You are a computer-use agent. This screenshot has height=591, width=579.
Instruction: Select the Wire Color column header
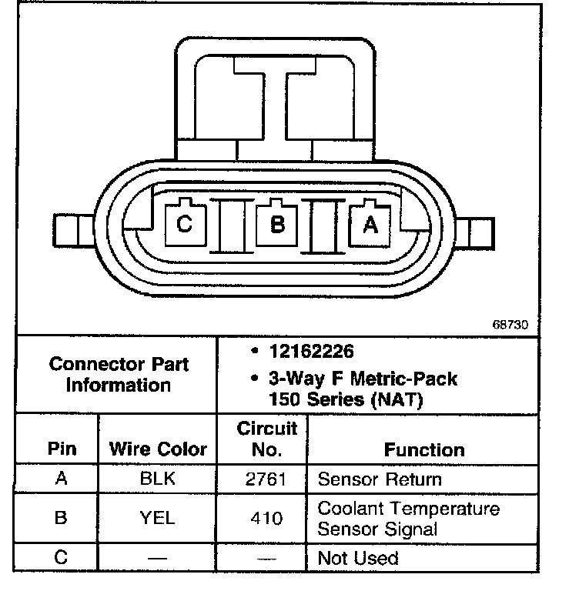pos(158,449)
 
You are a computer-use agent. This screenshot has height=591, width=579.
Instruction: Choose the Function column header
pos(424,449)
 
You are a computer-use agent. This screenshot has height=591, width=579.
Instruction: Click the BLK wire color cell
pos(158,479)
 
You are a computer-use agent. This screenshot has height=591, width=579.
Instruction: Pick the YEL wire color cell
pos(158,518)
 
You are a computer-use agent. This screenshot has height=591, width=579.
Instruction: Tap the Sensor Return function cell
pos(380,479)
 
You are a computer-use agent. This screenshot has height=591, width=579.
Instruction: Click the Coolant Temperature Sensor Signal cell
pos(408,519)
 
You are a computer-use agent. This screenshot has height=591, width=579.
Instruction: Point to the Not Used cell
pos(358,557)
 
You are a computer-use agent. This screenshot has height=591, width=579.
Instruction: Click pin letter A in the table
pos(61,479)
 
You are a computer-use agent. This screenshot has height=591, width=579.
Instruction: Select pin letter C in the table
pos(61,556)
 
